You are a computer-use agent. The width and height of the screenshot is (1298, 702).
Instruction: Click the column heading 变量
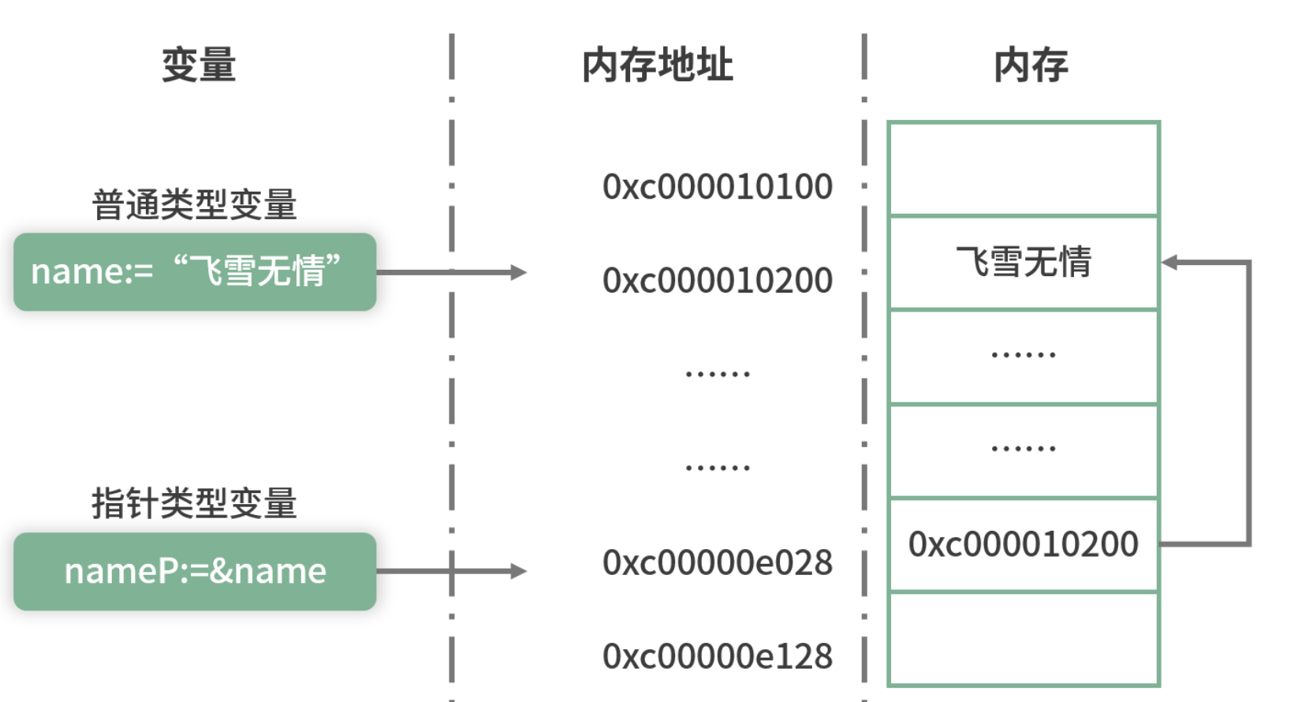click(199, 65)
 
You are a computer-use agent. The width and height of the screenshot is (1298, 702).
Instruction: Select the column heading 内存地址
click(657, 65)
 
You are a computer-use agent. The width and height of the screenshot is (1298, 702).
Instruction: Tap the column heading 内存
click(1031, 65)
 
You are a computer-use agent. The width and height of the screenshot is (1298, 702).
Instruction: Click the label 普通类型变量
click(194, 205)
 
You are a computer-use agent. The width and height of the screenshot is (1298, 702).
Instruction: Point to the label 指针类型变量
click(194, 503)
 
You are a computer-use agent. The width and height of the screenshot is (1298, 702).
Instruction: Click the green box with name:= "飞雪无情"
click(195, 272)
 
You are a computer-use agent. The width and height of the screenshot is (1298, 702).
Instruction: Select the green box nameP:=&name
click(195, 571)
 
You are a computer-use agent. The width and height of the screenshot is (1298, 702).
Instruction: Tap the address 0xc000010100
click(717, 187)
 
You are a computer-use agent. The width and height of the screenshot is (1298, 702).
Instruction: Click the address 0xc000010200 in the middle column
click(717, 281)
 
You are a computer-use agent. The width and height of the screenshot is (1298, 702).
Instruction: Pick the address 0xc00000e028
click(717, 563)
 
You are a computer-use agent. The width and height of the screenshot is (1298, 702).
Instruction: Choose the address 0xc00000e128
click(717, 656)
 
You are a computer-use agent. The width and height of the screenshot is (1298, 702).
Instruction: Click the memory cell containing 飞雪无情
click(1024, 263)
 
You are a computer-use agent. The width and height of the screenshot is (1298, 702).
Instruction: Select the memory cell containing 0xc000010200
click(1024, 544)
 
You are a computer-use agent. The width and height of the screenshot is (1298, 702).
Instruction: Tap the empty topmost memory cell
click(1024, 169)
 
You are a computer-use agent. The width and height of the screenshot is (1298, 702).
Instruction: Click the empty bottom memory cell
click(1024, 639)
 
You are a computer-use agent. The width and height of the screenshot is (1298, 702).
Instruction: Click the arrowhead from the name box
click(518, 272)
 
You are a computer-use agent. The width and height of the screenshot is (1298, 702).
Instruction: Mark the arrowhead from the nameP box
click(518, 571)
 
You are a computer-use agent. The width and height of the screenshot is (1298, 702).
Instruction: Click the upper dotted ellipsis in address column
click(717, 374)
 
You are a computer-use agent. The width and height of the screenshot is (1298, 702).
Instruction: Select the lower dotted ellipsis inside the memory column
click(1024, 449)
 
